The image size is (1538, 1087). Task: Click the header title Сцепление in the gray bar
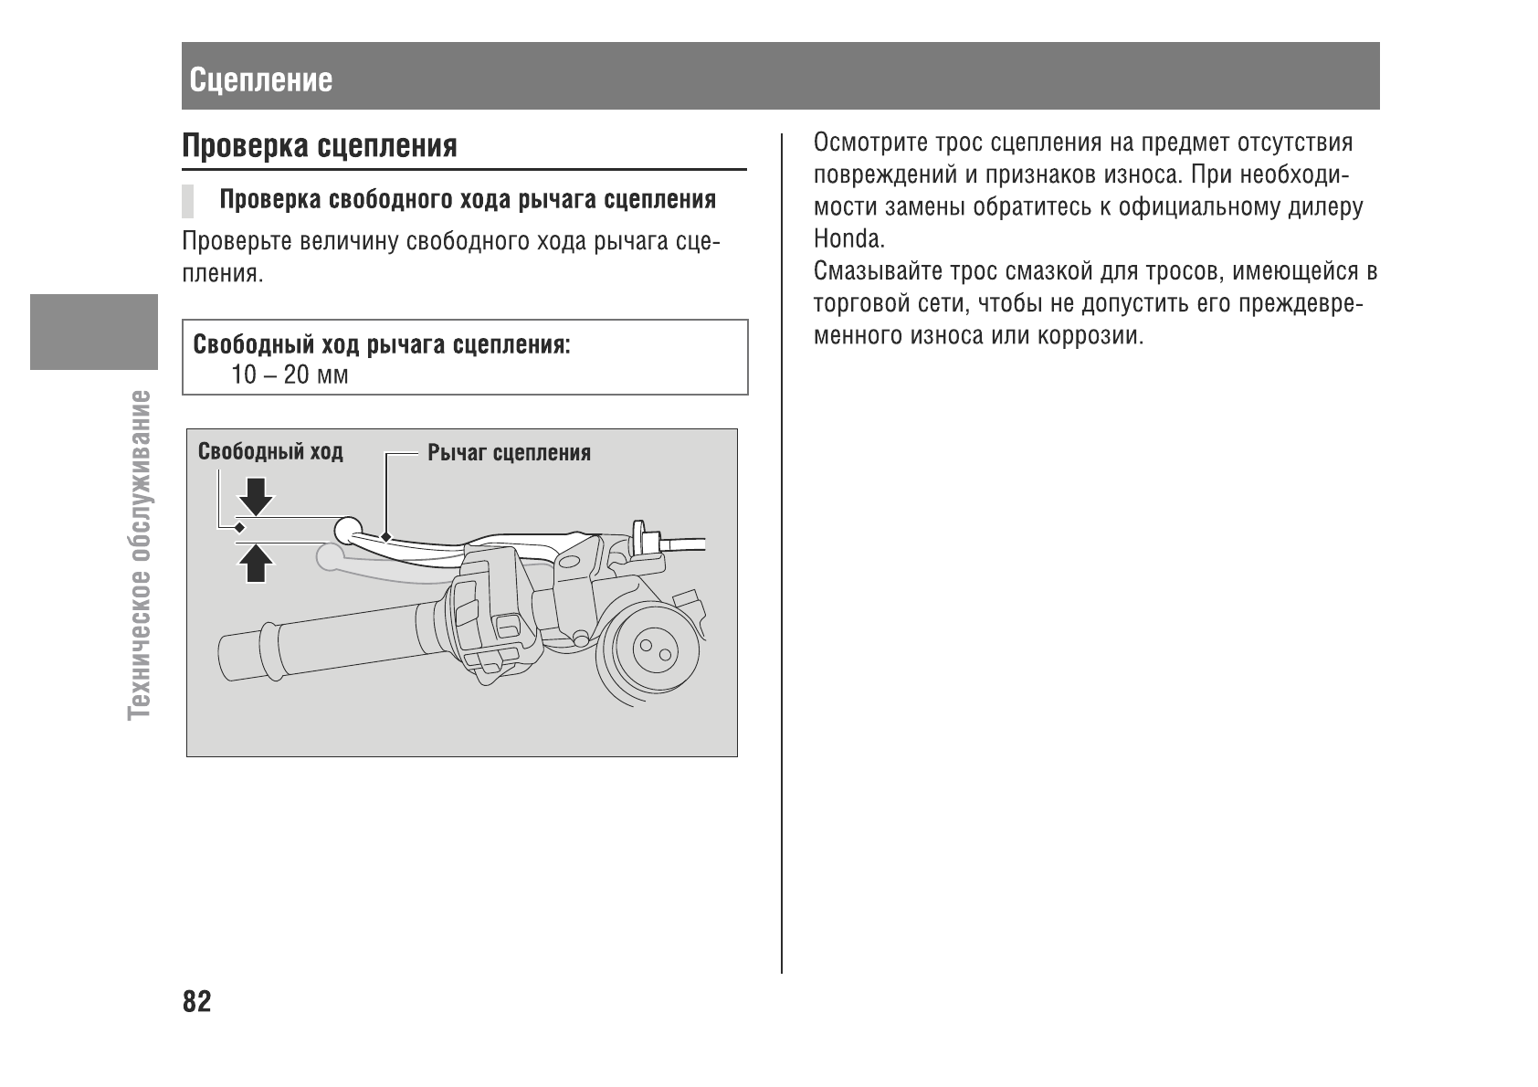261,80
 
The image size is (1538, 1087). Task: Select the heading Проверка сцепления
320,146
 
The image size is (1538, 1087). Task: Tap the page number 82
196,1002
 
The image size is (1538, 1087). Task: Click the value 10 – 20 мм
290,375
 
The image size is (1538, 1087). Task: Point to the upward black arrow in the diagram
256,562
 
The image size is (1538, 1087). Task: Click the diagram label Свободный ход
270,451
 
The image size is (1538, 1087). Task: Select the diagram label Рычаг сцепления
509,453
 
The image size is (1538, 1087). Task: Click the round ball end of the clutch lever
348,529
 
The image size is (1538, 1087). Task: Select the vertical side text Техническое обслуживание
141,554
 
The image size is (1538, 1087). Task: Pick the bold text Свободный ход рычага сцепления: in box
382,345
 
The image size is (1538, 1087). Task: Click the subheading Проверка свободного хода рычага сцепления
468,200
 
